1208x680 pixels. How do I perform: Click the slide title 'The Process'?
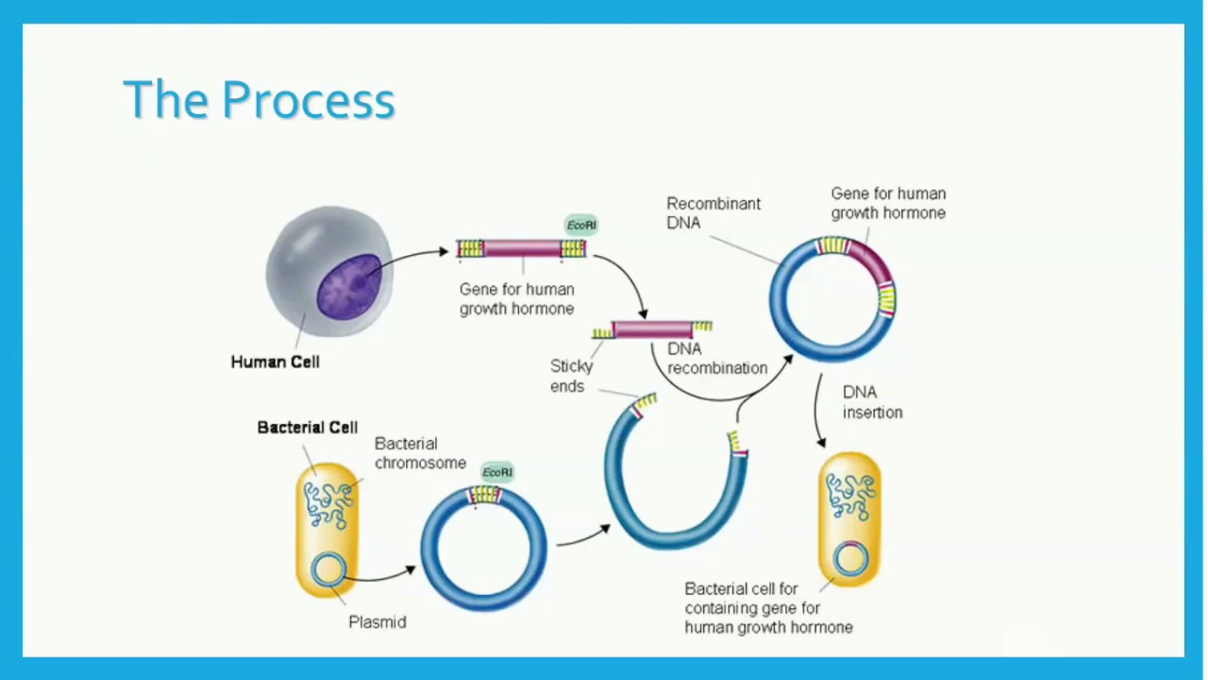pyautogui.click(x=259, y=99)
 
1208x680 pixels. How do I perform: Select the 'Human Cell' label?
pyautogui.click(x=275, y=362)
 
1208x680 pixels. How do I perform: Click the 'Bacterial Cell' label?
pyautogui.click(x=307, y=428)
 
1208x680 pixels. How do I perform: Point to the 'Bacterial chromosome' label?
pyautogui.click(x=419, y=453)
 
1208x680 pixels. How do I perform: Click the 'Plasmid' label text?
pyautogui.click(x=377, y=622)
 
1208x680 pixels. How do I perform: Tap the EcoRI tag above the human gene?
pyautogui.click(x=581, y=225)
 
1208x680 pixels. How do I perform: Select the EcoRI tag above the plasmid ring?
pyautogui.click(x=497, y=472)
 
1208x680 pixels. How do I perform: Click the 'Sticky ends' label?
pyautogui.click(x=571, y=376)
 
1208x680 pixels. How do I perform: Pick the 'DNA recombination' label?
pyautogui.click(x=716, y=359)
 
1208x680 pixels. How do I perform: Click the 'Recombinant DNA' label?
pyautogui.click(x=713, y=212)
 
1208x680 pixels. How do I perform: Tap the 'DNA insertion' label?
pyautogui.click(x=872, y=402)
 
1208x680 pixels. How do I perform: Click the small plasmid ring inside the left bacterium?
pyautogui.click(x=327, y=569)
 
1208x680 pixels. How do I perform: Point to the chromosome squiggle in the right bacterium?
pyautogui.click(x=850, y=496)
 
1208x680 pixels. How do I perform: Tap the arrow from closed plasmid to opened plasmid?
pyautogui.click(x=582, y=535)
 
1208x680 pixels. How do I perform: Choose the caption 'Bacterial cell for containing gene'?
pyautogui.click(x=768, y=607)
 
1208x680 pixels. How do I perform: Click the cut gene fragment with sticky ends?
pyautogui.click(x=653, y=330)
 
